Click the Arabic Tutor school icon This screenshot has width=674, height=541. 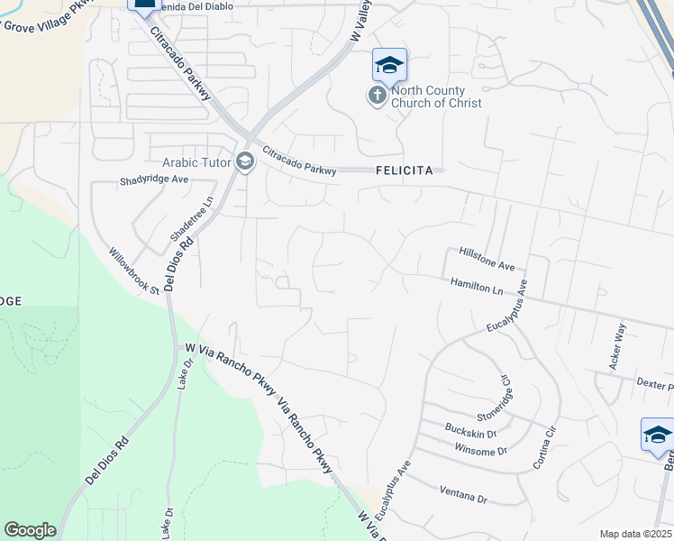244,162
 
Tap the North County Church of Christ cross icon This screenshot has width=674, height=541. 378,96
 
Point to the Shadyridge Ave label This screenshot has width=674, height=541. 153,180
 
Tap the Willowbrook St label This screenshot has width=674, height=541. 134,271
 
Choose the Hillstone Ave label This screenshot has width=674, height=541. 486,260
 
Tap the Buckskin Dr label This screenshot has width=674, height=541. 470,429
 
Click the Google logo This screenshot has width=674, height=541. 30,530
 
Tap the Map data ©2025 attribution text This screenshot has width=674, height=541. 635,534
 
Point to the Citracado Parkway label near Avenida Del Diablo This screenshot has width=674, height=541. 180,64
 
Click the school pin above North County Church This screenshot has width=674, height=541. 389,66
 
